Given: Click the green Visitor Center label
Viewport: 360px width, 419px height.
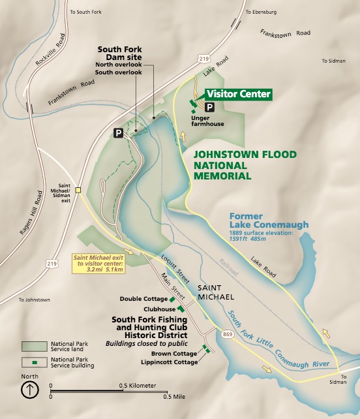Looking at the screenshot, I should [x=238, y=94].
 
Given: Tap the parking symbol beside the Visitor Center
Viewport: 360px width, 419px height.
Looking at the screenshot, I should [x=210, y=107].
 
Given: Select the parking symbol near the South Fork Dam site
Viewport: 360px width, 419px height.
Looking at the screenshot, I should [x=118, y=132].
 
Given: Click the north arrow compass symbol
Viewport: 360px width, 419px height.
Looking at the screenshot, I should [x=29, y=390].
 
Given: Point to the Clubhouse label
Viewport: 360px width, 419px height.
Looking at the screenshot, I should [x=160, y=309].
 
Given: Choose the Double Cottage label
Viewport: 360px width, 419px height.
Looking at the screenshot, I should [x=143, y=299].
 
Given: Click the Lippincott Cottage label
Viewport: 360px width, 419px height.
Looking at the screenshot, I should [x=172, y=362].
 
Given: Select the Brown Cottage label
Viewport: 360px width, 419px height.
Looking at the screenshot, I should [x=177, y=353].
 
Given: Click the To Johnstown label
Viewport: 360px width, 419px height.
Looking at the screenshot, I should [x=35, y=300].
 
